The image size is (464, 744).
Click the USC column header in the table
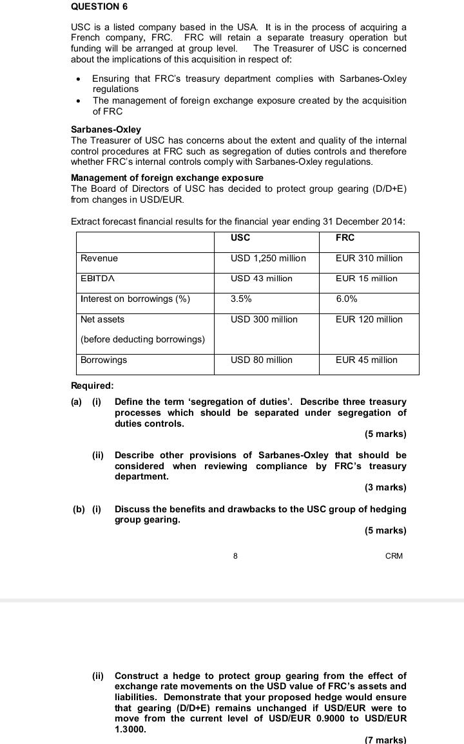[240, 237]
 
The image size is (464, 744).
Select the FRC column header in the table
[345, 237]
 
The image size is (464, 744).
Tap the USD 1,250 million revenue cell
[268, 258]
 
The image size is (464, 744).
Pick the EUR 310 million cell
[369, 258]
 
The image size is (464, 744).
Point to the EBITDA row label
[98, 279]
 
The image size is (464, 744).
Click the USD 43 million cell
[261, 279]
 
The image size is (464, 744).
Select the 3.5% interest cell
[241, 299]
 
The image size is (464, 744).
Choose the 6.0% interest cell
[347, 299]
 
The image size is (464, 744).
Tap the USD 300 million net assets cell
[264, 319]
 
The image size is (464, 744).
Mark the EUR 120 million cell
[369, 319]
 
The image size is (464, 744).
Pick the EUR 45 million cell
[366, 360]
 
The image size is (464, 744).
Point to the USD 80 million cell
[261, 360]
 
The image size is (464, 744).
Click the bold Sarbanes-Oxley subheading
[106, 129]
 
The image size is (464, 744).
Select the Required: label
[92, 386]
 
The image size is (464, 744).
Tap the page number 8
[235, 556]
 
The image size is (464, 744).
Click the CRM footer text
[394, 556]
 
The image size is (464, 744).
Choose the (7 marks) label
[385, 739]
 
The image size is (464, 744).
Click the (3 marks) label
[385, 487]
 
